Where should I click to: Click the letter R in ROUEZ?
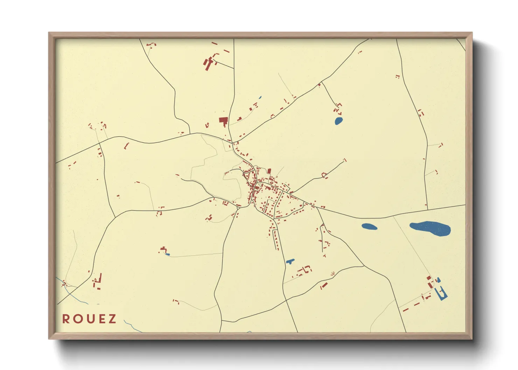[66, 319]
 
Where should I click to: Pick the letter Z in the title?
[112, 319]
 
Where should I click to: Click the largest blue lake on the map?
[430, 228]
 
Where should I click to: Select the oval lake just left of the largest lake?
[369, 227]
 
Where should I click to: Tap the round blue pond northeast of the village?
[338, 121]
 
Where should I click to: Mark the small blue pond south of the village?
[290, 261]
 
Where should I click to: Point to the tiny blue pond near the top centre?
[260, 98]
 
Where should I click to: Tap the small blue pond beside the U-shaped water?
[438, 280]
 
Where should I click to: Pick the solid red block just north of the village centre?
[269, 171]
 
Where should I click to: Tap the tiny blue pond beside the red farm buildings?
[167, 254]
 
